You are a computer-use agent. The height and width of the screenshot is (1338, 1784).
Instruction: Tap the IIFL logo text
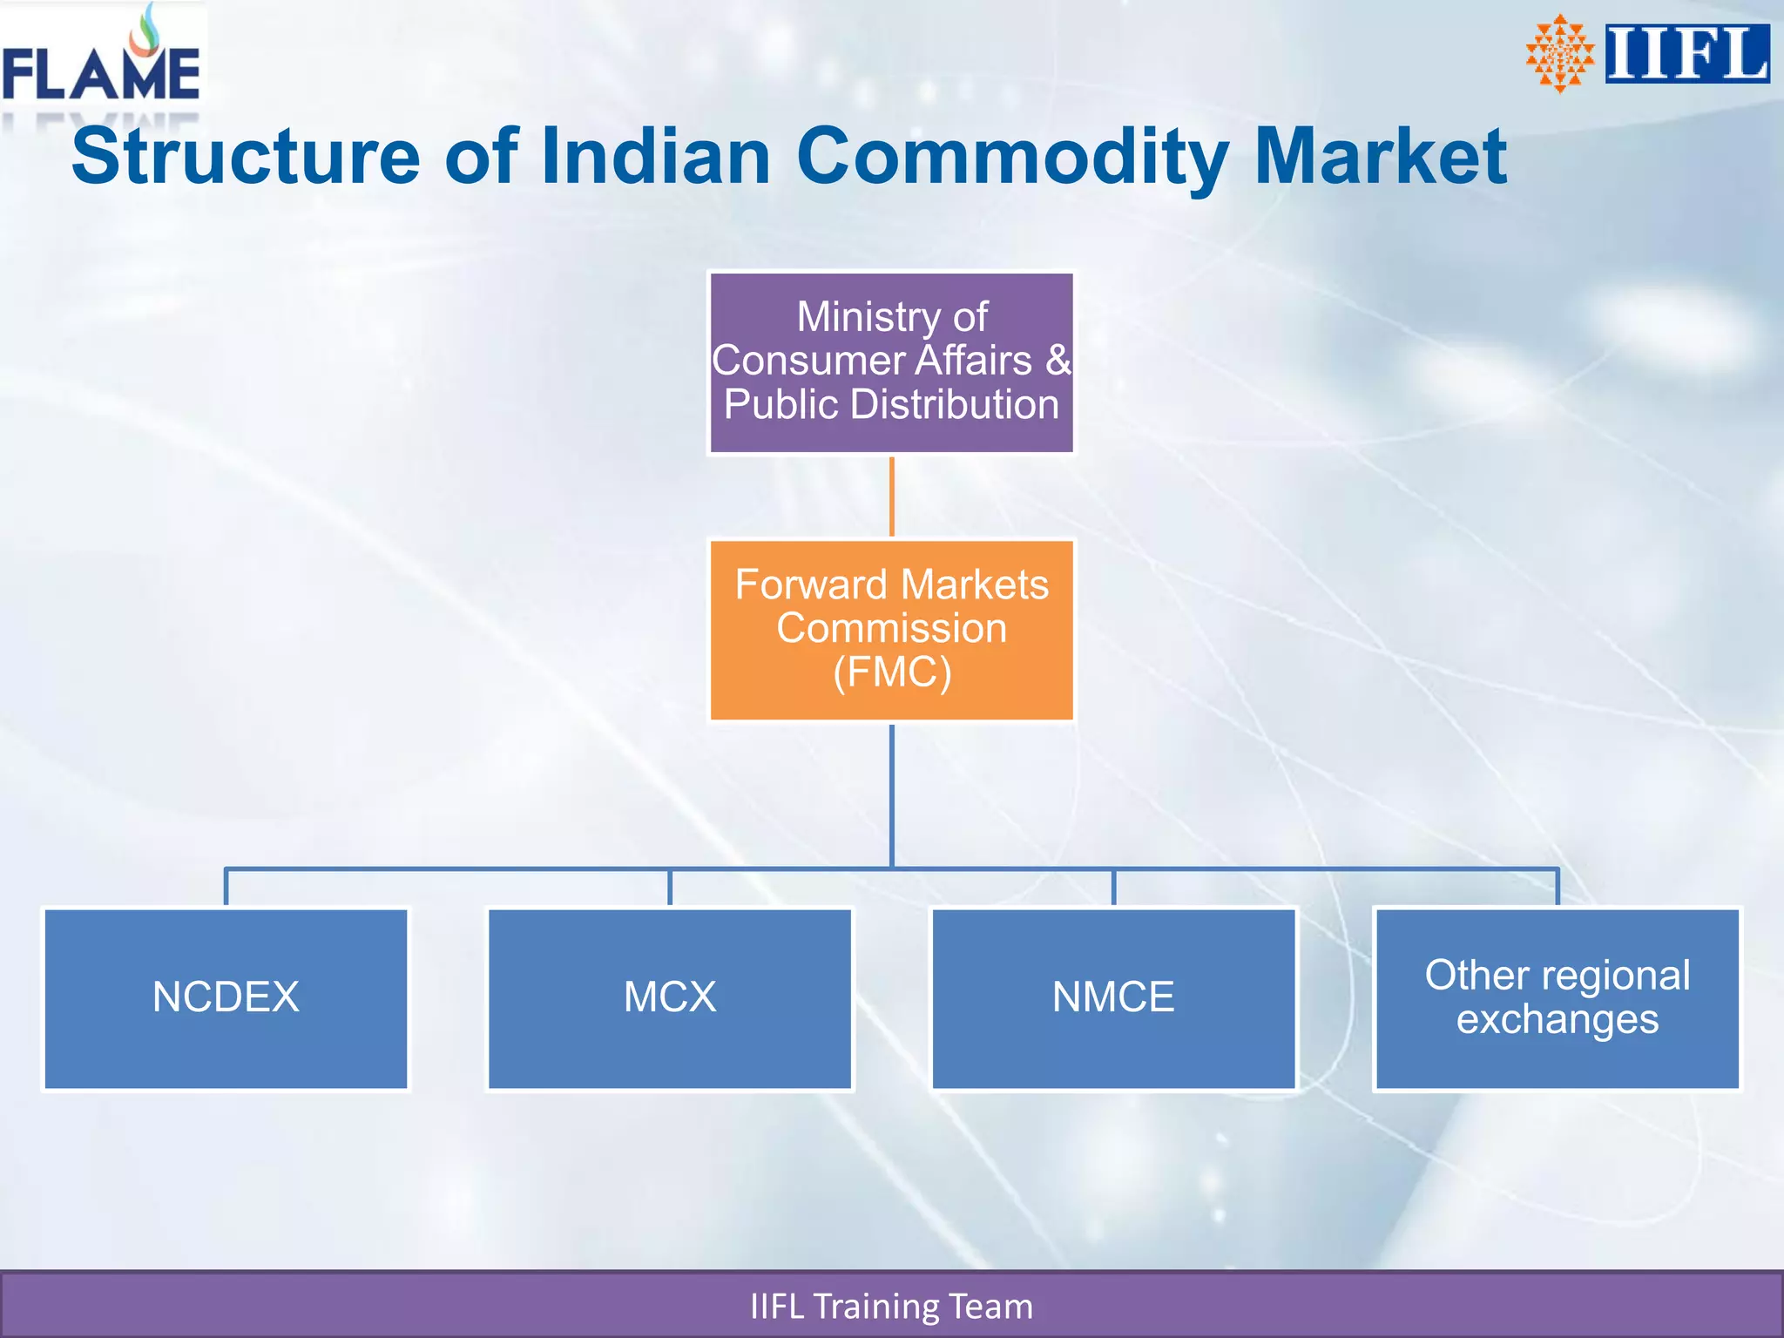click(x=1686, y=54)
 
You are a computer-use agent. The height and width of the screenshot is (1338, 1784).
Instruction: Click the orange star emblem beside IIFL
click(x=1559, y=54)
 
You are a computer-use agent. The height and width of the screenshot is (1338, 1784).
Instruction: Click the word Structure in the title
click(x=246, y=157)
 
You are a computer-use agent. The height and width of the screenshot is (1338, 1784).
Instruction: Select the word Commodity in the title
click(x=1012, y=157)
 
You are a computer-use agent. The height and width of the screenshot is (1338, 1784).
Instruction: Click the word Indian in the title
click(x=655, y=157)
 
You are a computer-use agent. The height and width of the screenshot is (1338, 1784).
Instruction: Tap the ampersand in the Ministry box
click(x=1058, y=361)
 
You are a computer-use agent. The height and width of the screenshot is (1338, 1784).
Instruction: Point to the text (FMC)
click(x=892, y=672)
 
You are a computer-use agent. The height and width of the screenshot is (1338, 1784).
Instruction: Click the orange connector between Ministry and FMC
click(x=892, y=497)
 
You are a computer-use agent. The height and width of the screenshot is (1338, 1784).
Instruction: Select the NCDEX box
click(x=226, y=998)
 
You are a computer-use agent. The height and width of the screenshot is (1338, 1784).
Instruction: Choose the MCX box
click(x=669, y=998)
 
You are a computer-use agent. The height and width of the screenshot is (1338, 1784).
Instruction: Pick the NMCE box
click(x=1113, y=998)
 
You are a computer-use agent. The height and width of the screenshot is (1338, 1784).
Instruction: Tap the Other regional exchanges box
click(x=1557, y=998)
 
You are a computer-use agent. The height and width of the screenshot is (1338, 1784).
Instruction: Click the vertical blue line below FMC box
click(x=892, y=793)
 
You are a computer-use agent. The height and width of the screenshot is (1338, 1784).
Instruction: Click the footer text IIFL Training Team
click(x=891, y=1307)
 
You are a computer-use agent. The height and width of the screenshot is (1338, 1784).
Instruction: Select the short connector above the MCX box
click(x=669, y=888)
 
